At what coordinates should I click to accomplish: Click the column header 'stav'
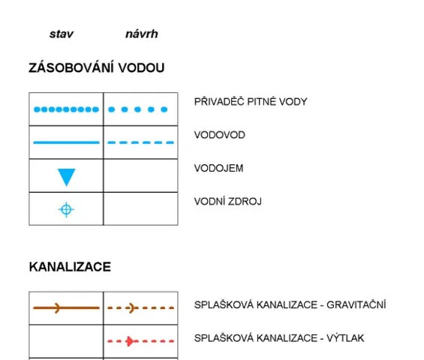click(62, 34)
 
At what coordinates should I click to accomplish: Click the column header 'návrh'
click(142, 34)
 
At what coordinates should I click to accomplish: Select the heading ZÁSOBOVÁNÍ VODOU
click(97, 67)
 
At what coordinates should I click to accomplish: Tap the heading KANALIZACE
click(70, 267)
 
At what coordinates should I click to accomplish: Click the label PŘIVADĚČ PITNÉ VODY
click(251, 101)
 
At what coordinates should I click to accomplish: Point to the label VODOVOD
click(220, 135)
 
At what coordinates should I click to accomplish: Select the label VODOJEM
click(219, 168)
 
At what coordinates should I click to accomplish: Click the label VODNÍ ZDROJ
click(227, 201)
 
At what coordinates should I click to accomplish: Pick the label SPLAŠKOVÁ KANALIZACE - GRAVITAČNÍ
click(290, 304)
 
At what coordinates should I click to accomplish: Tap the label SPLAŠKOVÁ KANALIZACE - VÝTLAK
click(279, 337)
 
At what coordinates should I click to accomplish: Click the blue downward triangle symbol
click(67, 177)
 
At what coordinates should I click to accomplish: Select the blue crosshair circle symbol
click(66, 209)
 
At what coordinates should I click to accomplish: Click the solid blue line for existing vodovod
click(66, 142)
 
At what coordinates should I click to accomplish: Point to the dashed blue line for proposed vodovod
click(140, 142)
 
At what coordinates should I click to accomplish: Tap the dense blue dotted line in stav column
click(66, 109)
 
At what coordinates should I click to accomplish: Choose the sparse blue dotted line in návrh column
click(137, 109)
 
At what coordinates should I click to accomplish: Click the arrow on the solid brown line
click(57, 307)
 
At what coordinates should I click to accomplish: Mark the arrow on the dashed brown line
click(131, 307)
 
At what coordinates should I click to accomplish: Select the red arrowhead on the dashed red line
click(130, 341)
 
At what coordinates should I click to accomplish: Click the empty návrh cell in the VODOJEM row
click(140, 175)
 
